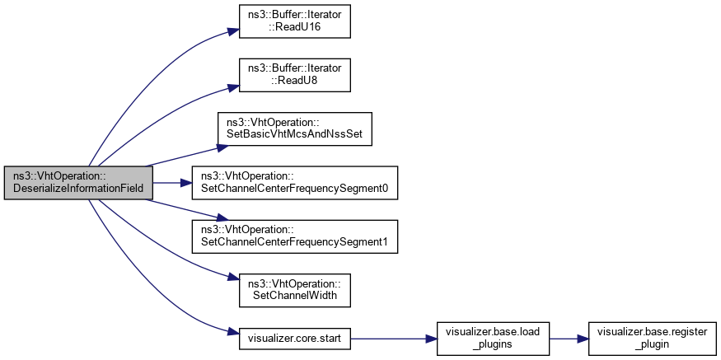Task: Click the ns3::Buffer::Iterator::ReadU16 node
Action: pos(295,22)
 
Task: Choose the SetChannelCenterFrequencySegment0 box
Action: pos(294,182)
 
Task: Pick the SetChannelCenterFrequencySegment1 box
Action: pos(294,236)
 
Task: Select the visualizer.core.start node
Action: pos(294,338)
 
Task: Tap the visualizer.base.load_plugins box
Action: pos(485,338)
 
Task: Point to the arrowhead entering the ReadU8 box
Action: pos(232,81)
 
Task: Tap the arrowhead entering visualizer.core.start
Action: pos(232,333)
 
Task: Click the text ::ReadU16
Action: pos(295,28)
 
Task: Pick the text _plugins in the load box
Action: pos(485,344)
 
